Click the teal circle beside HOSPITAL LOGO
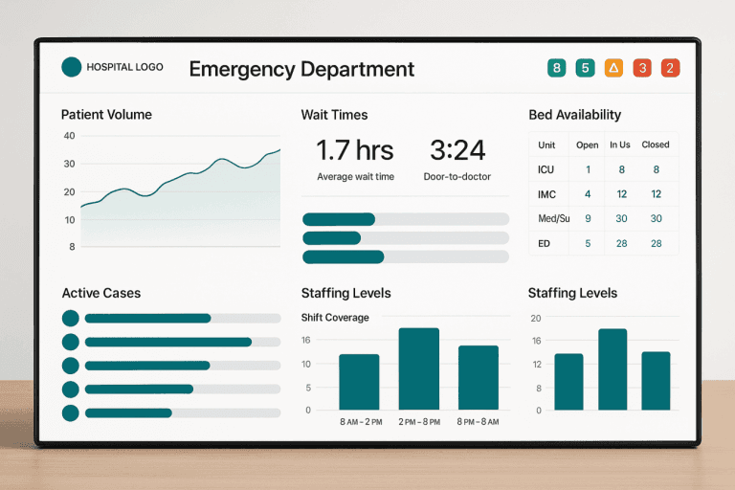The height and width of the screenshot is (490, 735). click(71, 67)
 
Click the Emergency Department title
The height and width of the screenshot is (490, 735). click(301, 69)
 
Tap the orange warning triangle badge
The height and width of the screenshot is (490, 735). click(613, 68)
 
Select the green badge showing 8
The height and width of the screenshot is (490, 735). click(556, 68)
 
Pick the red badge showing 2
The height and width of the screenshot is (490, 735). click(670, 68)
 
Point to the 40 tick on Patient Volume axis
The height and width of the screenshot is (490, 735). click(69, 136)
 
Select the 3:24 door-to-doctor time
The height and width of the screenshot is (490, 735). click(457, 150)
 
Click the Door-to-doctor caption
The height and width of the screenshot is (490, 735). click(457, 177)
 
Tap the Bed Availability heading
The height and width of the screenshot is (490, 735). click(574, 115)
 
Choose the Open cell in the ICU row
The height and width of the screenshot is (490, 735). click(588, 169)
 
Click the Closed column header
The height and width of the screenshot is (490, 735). click(656, 145)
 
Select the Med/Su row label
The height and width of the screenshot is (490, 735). click(553, 219)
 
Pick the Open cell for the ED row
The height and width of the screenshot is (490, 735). click(588, 244)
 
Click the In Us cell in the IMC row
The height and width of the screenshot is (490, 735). click(621, 194)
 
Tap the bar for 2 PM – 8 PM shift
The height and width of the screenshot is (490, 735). click(418, 368)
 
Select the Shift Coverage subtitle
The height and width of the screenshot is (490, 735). click(335, 318)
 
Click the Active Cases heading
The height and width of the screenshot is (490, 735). click(101, 293)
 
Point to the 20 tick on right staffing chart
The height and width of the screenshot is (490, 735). click(536, 319)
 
